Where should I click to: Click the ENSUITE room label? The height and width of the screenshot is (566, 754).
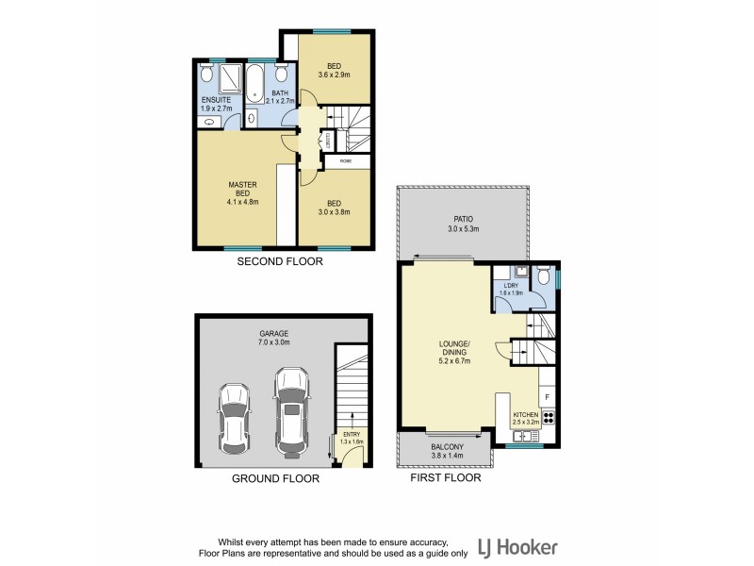pos(215,99)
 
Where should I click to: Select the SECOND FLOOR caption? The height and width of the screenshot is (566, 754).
pos(279,263)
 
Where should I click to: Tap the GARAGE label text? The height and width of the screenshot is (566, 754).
pos(274,333)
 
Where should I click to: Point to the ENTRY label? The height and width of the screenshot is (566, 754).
pos(352,434)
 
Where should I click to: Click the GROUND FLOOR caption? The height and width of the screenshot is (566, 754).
pos(275,478)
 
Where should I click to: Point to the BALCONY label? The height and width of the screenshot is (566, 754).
pos(444,447)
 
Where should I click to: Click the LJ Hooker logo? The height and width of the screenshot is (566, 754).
pos(517,546)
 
